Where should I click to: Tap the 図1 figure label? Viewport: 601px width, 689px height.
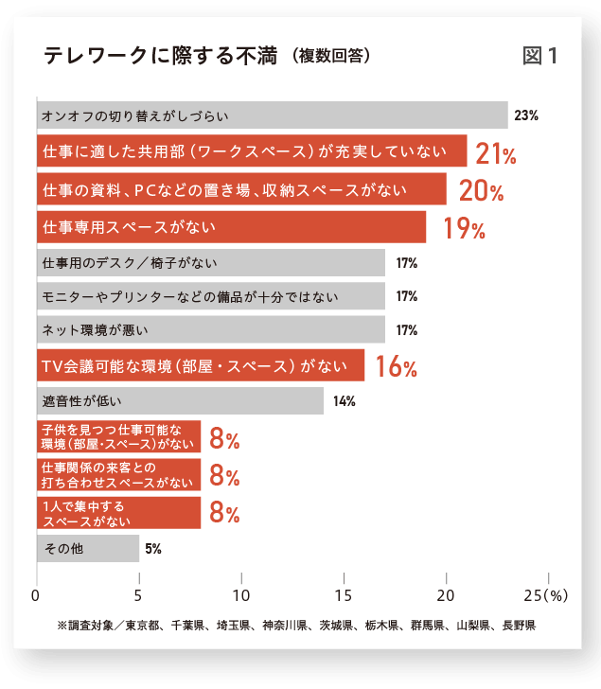pyautogui.click(x=539, y=56)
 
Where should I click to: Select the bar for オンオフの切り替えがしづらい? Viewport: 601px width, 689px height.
pyautogui.click(x=272, y=116)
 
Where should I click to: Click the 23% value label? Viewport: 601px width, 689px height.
pyautogui.click(x=526, y=116)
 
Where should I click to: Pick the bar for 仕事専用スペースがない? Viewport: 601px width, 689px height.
pyautogui.click(x=231, y=227)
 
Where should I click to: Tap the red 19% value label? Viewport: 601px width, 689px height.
pyautogui.click(x=464, y=229)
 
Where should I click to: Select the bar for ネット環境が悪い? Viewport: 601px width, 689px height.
pyautogui.click(x=210, y=330)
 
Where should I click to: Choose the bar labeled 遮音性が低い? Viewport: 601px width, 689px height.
pyautogui.click(x=180, y=400)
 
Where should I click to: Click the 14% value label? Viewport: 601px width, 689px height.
pyautogui.click(x=344, y=401)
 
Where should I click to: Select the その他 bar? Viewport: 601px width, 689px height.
pyautogui.click(x=87, y=548)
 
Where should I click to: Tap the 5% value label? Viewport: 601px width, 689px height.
pyautogui.click(x=153, y=548)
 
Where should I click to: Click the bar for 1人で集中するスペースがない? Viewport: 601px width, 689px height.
pyautogui.click(x=118, y=513)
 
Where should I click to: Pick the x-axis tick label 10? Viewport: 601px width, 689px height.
pyautogui.click(x=241, y=595)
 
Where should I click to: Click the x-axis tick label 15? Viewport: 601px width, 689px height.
pyautogui.click(x=344, y=595)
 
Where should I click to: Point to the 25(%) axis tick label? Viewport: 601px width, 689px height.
pyautogui.click(x=545, y=595)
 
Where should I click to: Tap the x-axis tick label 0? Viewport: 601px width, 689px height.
pyautogui.click(x=36, y=595)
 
